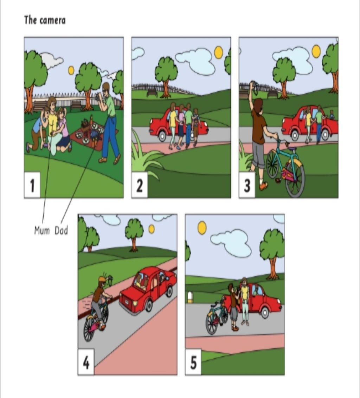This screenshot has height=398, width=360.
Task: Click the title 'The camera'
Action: (x=45, y=20)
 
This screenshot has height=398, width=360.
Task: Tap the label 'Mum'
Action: (x=42, y=231)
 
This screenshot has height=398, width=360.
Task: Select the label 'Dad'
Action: (x=61, y=231)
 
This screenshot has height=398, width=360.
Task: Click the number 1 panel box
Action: (x=32, y=185)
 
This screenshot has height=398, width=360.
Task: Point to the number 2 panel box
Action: (x=140, y=185)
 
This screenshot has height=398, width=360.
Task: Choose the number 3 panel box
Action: (x=247, y=185)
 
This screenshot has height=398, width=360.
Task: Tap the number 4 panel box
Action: (x=86, y=362)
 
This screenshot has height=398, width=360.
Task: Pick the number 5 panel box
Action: (x=193, y=362)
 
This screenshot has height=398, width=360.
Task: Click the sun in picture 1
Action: (x=71, y=70)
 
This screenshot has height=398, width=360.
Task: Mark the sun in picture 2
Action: (x=219, y=52)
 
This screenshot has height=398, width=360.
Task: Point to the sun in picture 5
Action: (x=202, y=227)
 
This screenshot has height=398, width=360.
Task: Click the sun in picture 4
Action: (x=152, y=229)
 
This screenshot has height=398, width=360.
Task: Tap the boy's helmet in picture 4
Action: (x=102, y=279)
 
